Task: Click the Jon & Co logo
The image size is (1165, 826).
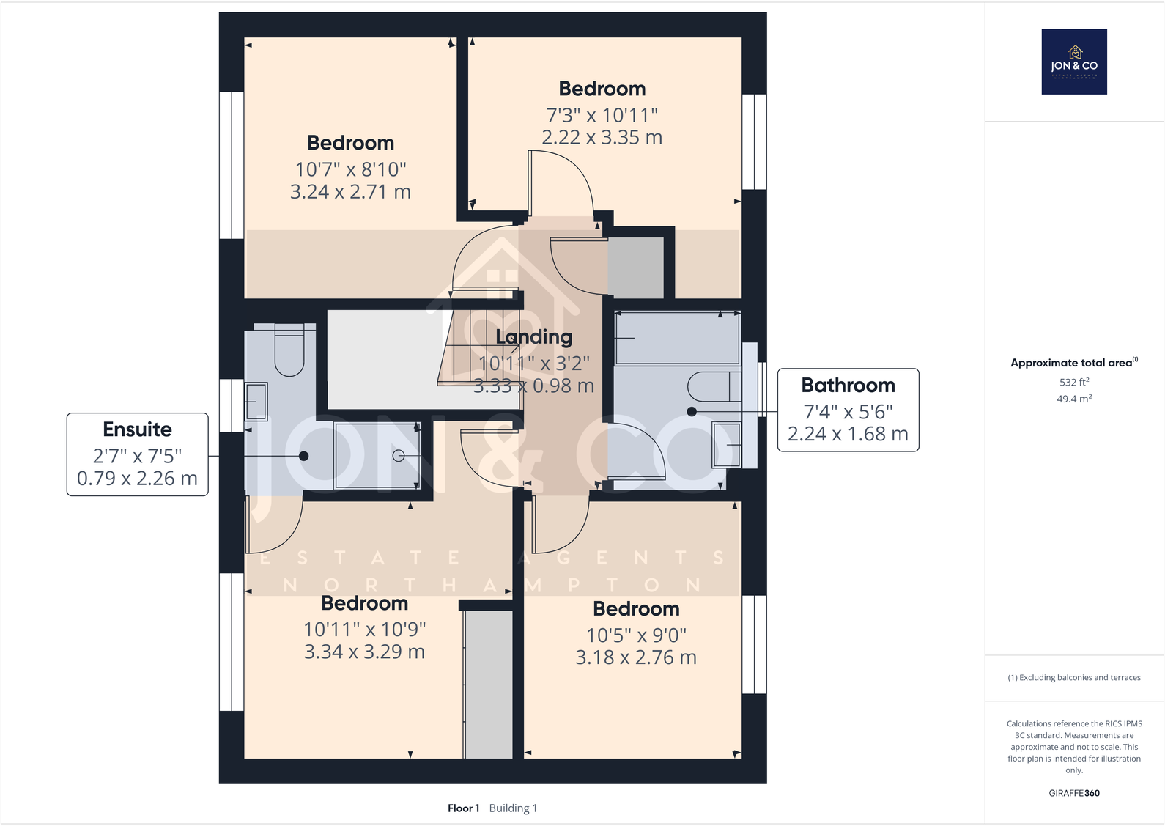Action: click(1074, 62)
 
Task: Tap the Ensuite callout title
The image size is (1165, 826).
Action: click(137, 429)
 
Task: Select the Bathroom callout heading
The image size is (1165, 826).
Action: click(848, 386)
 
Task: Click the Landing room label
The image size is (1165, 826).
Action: click(533, 337)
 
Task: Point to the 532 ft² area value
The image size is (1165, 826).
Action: click(1073, 382)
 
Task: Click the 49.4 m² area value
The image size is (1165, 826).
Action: click(1073, 399)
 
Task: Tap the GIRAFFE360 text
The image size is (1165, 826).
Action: click(1073, 793)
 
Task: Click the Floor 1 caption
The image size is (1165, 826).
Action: click(463, 808)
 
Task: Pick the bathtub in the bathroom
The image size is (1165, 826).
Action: click(677, 339)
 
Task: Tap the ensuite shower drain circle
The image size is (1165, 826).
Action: click(399, 456)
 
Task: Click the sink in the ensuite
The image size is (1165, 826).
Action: click(256, 402)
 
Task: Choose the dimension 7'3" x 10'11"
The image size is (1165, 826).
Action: click(602, 115)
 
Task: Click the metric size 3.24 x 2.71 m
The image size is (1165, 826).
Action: click(350, 192)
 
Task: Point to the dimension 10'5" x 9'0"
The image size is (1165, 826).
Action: click(636, 635)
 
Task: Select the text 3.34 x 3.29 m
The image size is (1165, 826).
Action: click(364, 652)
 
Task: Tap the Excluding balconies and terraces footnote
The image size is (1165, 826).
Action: click(1073, 677)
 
